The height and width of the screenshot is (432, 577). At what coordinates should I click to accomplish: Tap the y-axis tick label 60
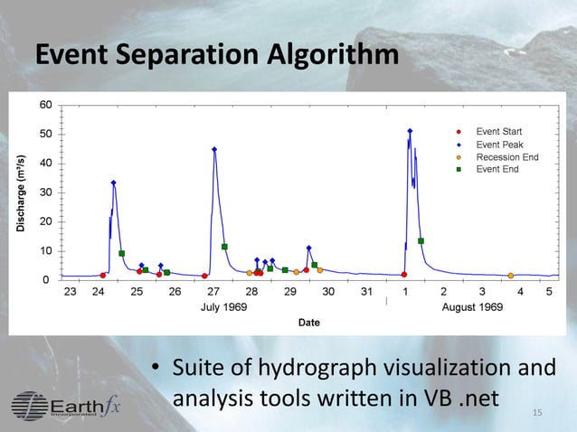click(44, 105)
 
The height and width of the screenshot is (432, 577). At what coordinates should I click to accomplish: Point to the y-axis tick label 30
click(44, 193)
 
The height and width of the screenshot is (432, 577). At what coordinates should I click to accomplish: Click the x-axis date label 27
click(213, 292)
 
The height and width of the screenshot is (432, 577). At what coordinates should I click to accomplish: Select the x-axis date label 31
click(366, 292)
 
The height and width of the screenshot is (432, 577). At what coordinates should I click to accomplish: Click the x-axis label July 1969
click(222, 307)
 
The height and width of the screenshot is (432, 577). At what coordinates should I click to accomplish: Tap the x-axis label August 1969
click(472, 307)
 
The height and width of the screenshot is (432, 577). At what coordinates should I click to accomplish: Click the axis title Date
click(308, 323)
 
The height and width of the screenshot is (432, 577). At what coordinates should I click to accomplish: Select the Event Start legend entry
click(498, 132)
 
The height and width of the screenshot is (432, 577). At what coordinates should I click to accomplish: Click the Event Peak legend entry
click(499, 145)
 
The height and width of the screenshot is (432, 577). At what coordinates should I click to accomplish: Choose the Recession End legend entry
click(506, 157)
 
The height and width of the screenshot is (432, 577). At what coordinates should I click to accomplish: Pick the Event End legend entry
click(497, 169)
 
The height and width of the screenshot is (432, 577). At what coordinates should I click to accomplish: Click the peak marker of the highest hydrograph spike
click(410, 131)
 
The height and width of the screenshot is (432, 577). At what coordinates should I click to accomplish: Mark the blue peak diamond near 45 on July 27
click(214, 150)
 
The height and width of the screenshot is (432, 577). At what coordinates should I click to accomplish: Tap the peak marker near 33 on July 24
click(113, 183)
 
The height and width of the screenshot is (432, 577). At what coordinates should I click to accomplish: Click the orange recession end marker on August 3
click(511, 276)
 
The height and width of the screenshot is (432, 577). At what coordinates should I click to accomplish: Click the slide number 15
click(537, 414)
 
